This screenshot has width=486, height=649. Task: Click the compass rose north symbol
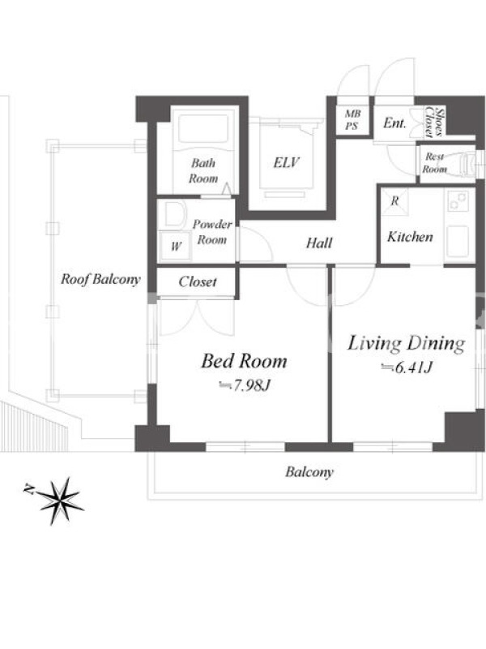[x=62, y=501]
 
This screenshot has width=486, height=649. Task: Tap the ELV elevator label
[x=286, y=162]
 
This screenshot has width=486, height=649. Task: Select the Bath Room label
[x=203, y=170]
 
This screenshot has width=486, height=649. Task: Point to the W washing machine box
[x=176, y=246]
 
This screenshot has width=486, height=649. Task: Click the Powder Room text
[x=212, y=232]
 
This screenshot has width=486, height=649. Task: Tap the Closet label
[x=198, y=282]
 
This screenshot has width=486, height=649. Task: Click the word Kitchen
[x=410, y=237]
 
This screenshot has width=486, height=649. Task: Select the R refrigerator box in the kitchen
[x=394, y=201]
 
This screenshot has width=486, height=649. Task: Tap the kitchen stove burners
[x=458, y=201]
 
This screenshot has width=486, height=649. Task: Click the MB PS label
[x=352, y=119]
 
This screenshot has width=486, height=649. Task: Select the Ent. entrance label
[x=394, y=123]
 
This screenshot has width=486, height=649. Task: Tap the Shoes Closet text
[x=435, y=122]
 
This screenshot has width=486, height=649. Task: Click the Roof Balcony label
[x=100, y=279]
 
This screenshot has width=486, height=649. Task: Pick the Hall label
[x=319, y=243]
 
